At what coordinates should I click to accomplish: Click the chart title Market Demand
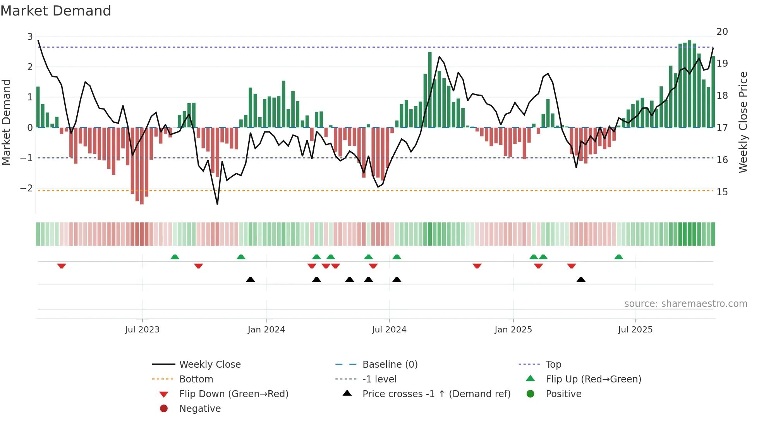tap(56, 11)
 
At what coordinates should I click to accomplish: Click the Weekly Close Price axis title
tap(743, 122)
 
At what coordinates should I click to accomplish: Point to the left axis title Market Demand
tap(6, 122)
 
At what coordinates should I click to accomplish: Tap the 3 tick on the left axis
tap(30, 37)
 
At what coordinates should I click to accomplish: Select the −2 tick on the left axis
tap(27, 188)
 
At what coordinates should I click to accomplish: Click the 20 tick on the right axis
tap(722, 32)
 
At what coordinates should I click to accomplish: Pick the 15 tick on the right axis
tap(722, 192)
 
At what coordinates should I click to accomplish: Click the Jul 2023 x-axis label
tap(142, 330)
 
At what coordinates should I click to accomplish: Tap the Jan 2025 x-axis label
tap(513, 330)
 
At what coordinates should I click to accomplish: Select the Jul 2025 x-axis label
tap(635, 330)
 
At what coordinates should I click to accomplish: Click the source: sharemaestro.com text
tap(685, 304)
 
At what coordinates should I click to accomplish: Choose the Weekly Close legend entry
tap(209, 365)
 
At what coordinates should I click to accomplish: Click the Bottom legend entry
tap(196, 379)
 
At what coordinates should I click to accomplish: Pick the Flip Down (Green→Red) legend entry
tap(234, 394)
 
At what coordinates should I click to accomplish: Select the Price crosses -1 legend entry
tap(436, 394)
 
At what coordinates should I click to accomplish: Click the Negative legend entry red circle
tap(164, 409)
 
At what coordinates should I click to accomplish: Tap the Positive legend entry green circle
tap(531, 394)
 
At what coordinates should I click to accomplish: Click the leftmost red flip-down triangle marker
tap(62, 266)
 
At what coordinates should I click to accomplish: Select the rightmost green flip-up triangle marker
tap(618, 257)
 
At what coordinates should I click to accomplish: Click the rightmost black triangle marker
tap(581, 279)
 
